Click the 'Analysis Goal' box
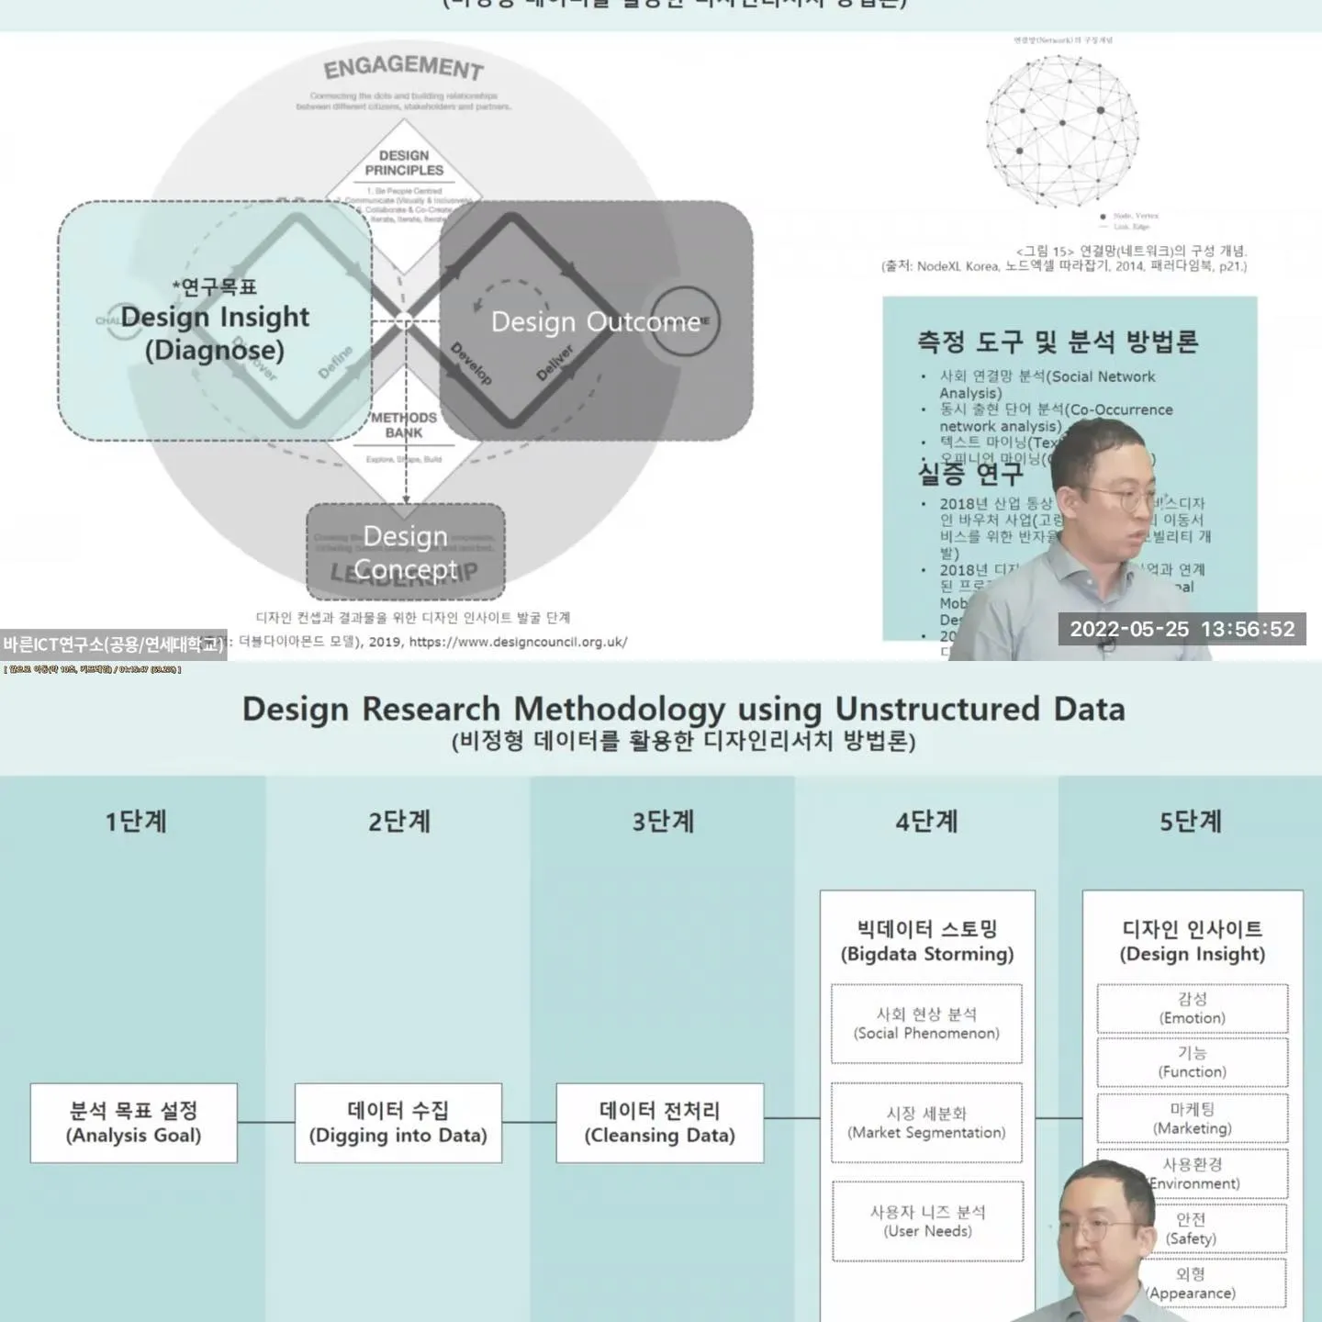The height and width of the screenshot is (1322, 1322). (134, 1123)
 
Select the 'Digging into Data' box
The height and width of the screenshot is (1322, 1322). (398, 1123)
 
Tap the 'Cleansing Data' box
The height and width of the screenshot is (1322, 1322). (660, 1123)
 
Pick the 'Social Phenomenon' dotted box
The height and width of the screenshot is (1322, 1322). (926, 1024)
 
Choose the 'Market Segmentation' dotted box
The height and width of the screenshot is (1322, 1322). (926, 1123)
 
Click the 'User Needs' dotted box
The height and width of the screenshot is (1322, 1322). (927, 1221)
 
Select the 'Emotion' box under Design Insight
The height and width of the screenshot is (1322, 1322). (1192, 1008)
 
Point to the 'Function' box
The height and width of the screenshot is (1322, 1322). (1192, 1062)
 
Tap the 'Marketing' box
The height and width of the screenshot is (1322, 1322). (1192, 1118)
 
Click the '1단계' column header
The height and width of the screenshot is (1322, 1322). (136, 821)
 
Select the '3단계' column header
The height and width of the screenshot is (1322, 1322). (663, 821)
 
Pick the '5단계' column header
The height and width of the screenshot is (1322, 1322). (1190, 821)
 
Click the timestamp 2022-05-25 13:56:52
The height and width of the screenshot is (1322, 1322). (1182, 629)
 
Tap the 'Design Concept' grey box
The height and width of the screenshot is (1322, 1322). (406, 552)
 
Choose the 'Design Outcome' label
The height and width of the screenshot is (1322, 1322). (595, 321)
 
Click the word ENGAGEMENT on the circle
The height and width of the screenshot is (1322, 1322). (404, 67)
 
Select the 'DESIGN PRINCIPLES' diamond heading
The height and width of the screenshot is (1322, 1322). (404, 162)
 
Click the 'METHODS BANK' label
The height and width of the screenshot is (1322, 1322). (404, 425)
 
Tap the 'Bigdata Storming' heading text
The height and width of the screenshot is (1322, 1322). (927, 941)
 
